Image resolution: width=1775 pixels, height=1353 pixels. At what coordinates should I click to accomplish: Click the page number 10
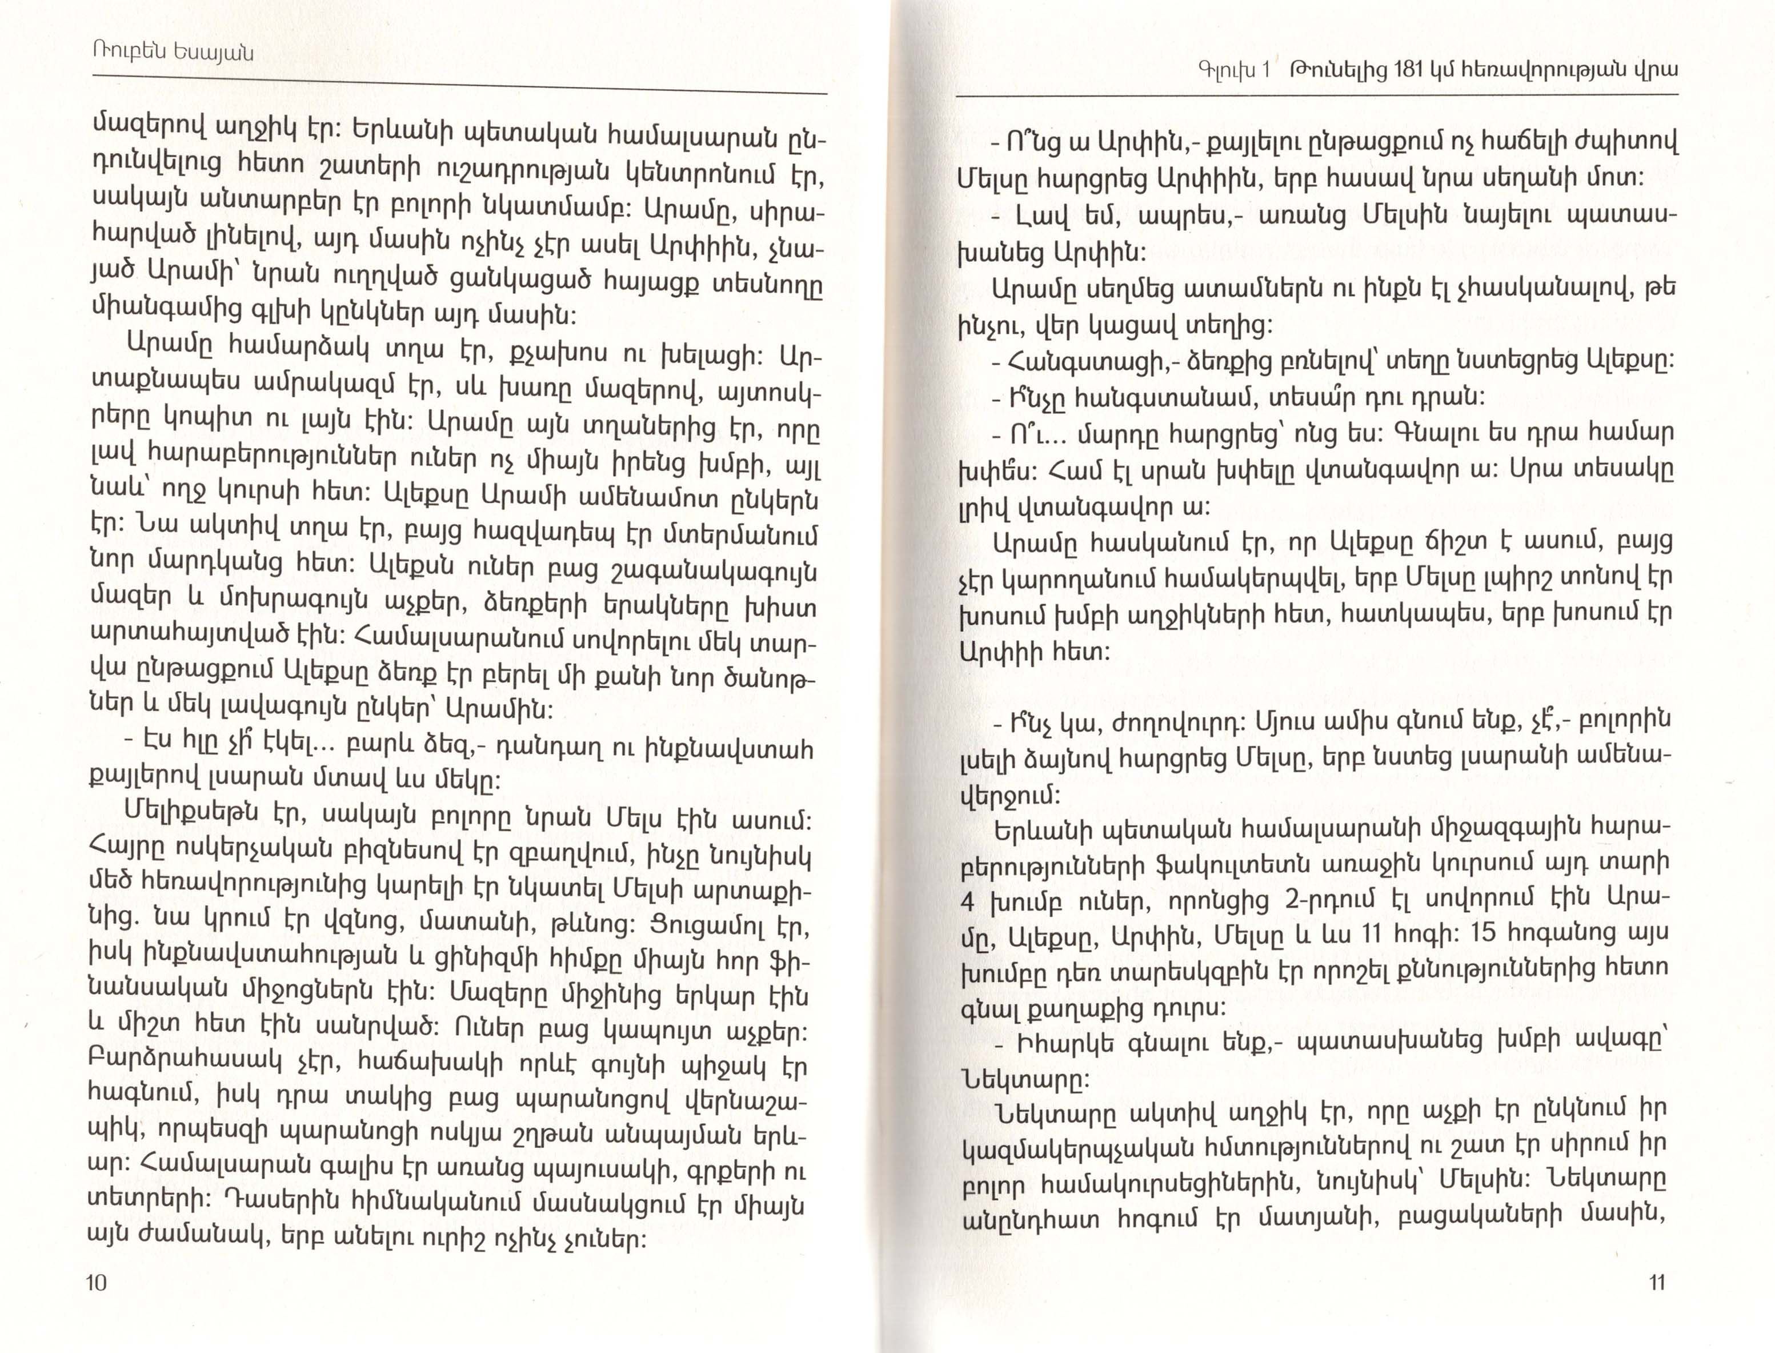[96, 1282]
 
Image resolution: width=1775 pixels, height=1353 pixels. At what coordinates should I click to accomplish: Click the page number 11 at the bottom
[1657, 1282]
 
